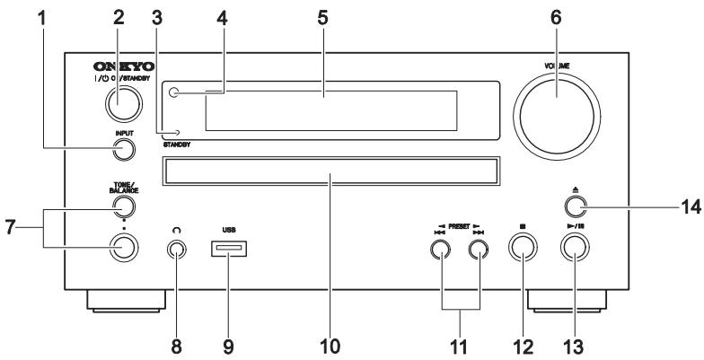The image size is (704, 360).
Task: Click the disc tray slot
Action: click(x=329, y=171)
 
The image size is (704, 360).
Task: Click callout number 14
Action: click(x=687, y=205)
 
